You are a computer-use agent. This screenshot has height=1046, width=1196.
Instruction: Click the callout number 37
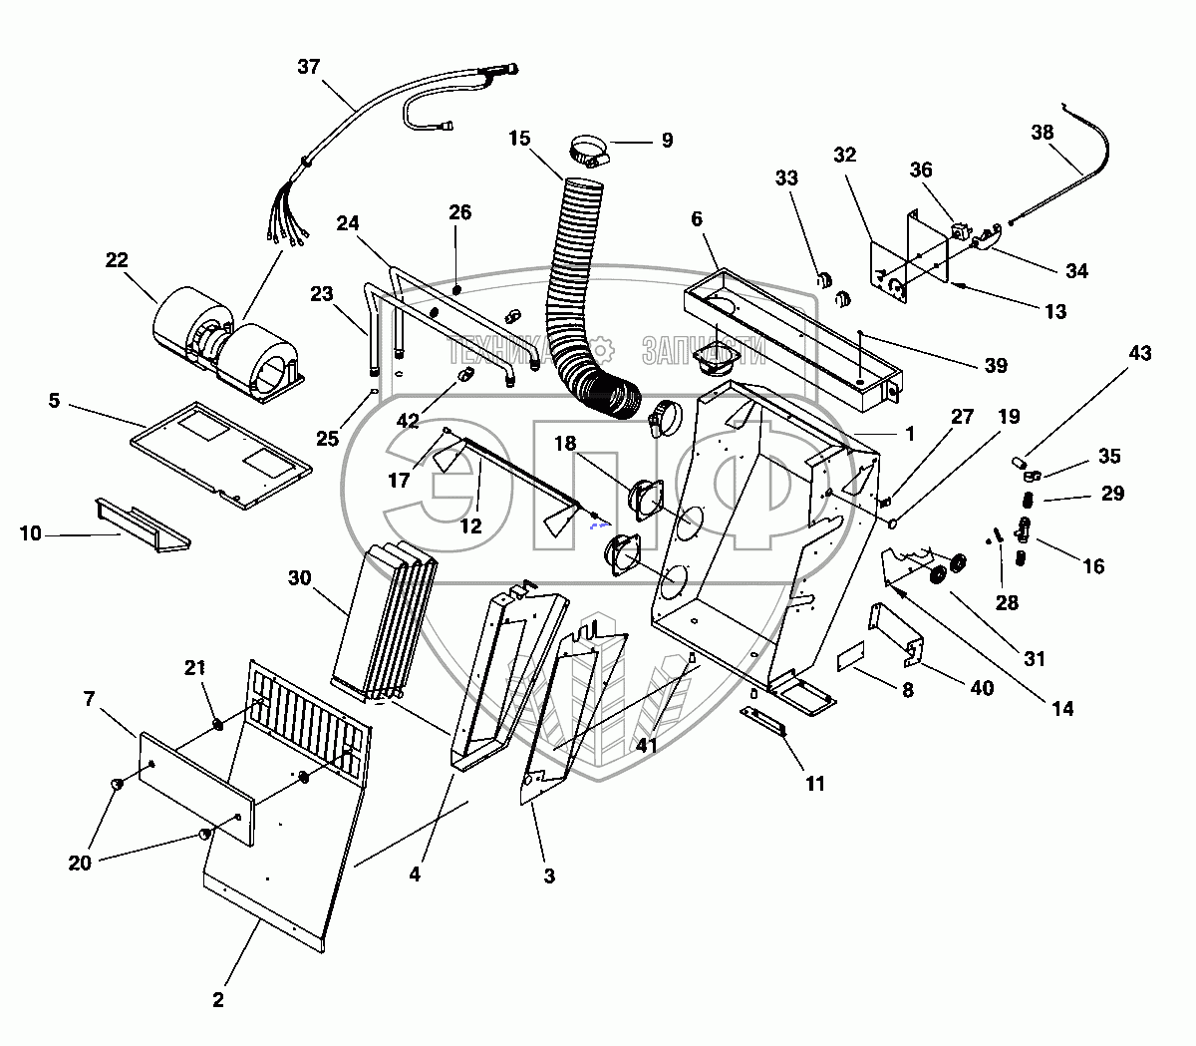pos(309,67)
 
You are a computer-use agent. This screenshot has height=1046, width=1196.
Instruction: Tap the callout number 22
pos(117,259)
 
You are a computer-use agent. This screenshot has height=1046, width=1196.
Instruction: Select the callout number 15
pos(519,139)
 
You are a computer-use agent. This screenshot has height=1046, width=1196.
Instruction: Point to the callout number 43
pos(1140,353)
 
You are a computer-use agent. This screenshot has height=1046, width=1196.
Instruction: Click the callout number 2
pos(218,1000)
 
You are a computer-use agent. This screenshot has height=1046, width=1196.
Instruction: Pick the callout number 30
pos(299,578)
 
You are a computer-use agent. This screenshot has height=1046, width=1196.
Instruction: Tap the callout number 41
pos(647,746)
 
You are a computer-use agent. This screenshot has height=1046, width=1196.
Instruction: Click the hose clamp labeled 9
pos(589,151)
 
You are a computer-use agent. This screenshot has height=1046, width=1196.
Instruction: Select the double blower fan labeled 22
pos(228,345)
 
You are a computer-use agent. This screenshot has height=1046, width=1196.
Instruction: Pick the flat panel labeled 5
pos(221,455)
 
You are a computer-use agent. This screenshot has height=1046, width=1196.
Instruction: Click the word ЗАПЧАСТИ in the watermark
pos(704,351)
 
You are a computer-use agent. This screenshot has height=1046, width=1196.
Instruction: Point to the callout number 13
pos(1055,312)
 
